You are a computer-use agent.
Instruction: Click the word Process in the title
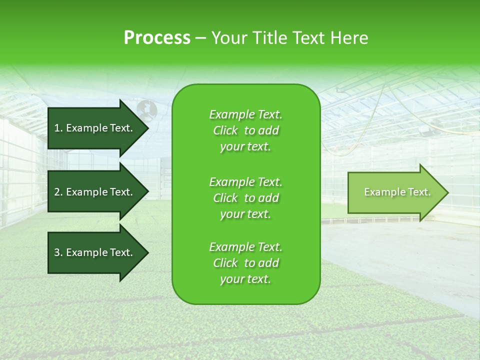(157, 38)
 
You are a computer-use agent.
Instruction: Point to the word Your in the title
(230, 38)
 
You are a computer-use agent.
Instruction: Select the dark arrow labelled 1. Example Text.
(95, 128)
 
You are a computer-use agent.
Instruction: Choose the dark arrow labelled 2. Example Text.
(95, 192)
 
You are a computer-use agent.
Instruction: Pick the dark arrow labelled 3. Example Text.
(95, 252)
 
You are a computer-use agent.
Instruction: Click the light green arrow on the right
(395, 192)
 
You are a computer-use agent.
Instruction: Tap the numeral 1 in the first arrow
(57, 128)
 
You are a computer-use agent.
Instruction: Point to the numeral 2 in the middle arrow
(57, 192)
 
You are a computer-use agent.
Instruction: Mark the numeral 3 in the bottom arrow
(57, 252)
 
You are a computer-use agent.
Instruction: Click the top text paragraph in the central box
(245, 130)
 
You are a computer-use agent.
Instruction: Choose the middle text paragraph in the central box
(245, 197)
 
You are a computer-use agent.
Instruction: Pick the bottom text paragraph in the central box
(245, 263)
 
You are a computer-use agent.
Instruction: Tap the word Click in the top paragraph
(225, 131)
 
